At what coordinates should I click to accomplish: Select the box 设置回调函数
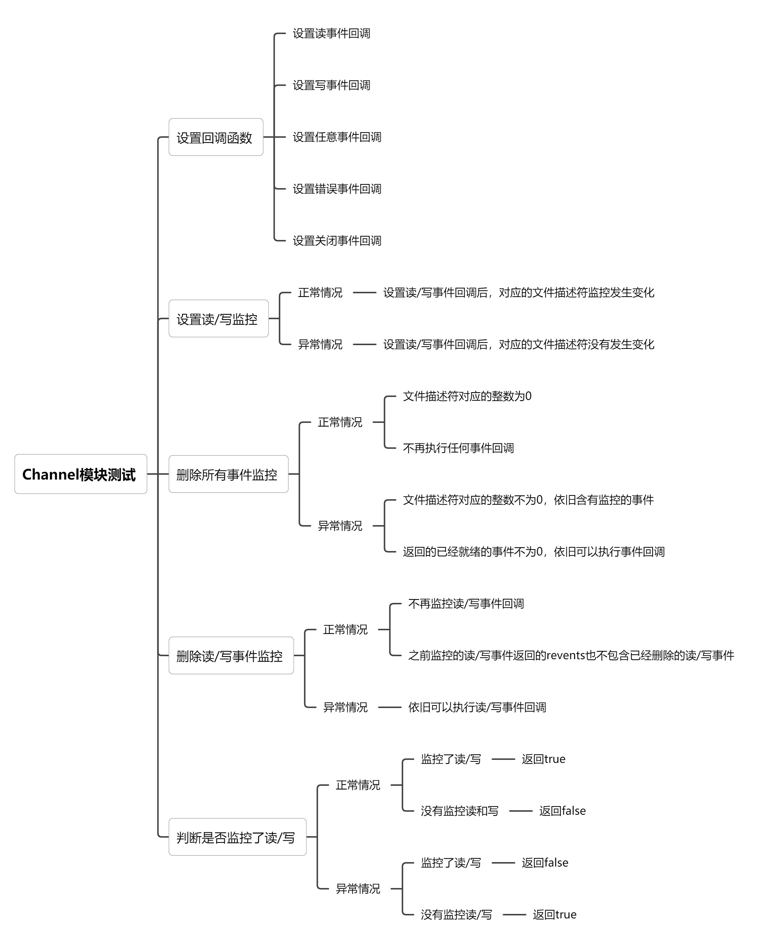point(216,137)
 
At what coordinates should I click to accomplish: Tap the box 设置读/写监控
point(218,318)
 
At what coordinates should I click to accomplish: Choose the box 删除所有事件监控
point(228,474)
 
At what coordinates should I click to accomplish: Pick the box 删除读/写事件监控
point(231,655)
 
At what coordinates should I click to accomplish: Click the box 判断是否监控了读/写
point(237,837)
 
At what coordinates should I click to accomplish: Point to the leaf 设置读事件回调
point(331,33)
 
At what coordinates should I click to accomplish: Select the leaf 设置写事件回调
point(331,85)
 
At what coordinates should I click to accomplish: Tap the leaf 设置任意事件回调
point(337,137)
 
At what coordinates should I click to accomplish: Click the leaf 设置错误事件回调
point(337,189)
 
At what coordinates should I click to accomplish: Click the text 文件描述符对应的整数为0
point(467,396)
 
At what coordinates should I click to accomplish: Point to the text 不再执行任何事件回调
point(458,448)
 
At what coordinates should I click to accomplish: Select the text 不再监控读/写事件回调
point(466,604)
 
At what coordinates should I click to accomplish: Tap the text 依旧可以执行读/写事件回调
point(477,708)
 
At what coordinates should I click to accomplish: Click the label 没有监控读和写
point(459,811)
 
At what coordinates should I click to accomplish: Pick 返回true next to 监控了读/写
point(543,759)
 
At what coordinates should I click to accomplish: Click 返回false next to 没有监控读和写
point(562,811)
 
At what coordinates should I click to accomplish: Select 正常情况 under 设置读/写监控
point(320,293)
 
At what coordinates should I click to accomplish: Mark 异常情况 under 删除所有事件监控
point(340,526)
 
